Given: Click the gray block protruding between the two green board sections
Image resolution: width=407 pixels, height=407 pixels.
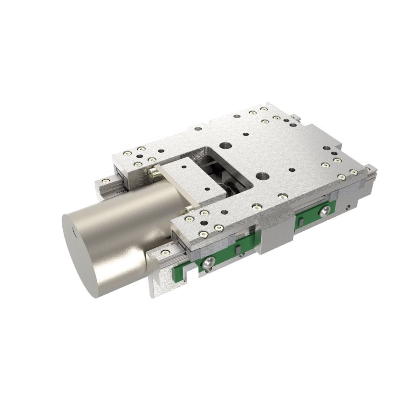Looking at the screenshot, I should click(x=275, y=235).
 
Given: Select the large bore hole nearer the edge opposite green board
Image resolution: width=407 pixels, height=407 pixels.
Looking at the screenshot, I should click(x=224, y=145).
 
